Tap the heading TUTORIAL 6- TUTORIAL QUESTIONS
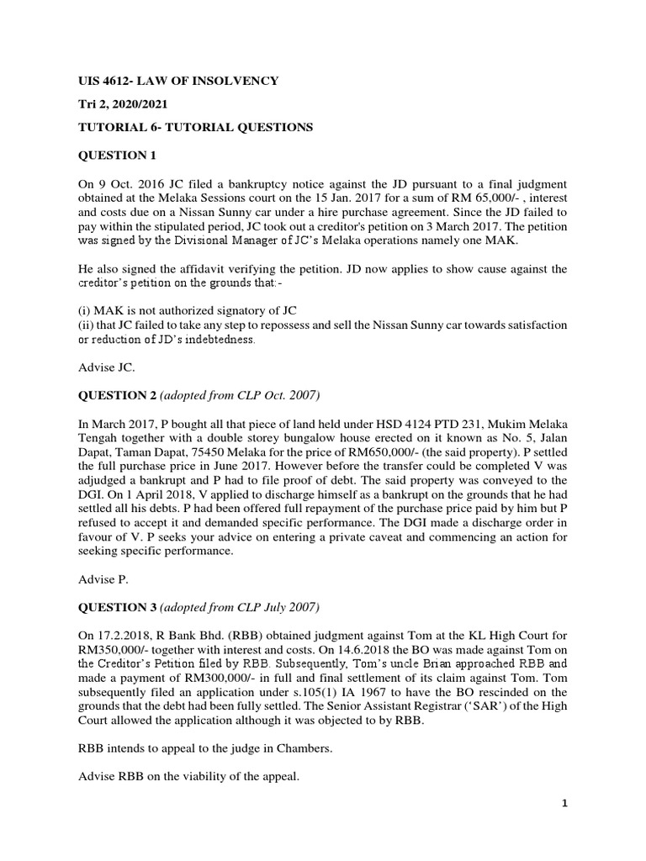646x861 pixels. (196, 128)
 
